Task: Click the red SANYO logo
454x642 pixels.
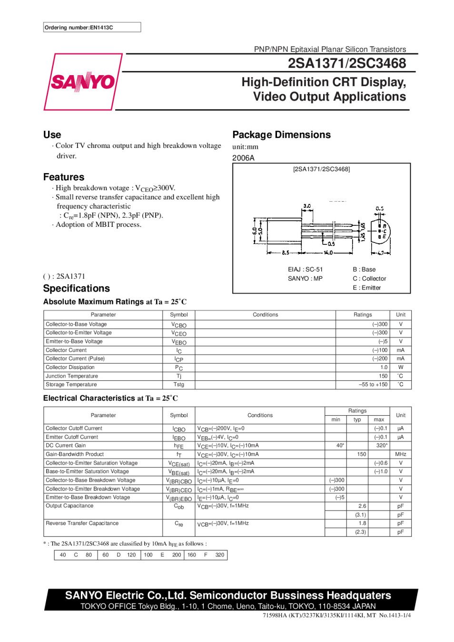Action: [82, 82]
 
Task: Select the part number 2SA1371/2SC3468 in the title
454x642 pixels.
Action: [346, 63]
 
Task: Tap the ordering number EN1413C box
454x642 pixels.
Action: [92, 28]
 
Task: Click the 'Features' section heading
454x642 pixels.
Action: [64, 177]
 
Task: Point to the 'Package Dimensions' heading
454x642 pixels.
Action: [281, 135]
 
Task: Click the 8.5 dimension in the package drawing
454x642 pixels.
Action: [286, 253]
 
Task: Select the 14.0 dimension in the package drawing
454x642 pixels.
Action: [328, 253]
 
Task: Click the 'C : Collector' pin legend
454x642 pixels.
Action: [369, 279]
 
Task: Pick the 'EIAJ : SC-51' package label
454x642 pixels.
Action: [305, 269]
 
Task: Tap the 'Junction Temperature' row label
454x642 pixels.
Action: [72, 376]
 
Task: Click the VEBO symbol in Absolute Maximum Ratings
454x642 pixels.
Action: [179, 341]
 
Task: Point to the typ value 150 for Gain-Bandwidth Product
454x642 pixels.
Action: [362, 454]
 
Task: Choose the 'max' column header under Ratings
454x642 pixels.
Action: [379, 419]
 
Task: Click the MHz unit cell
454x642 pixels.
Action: [401, 454]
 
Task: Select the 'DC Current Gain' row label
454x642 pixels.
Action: [66, 446]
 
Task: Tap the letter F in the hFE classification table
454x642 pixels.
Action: [206, 555]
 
